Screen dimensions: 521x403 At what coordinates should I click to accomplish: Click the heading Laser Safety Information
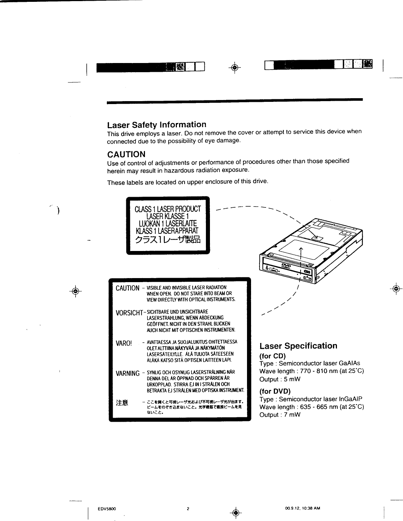click(x=156, y=125)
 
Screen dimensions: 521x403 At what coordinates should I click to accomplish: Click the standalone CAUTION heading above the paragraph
click(x=126, y=154)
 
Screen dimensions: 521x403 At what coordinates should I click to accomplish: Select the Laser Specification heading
click(x=298, y=346)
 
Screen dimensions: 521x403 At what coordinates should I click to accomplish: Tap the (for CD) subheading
click(x=272, y=356)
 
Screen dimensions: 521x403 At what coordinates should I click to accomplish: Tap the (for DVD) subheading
click(x=275, y=391)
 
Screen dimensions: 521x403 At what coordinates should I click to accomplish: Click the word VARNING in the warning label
click(x=127, y=374)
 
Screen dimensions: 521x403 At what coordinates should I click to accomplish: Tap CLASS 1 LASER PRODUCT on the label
click(x=168, y=209)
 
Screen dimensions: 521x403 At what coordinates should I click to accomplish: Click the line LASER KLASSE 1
click(x=167, y=216)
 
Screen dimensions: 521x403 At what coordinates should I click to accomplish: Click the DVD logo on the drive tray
click(x=285, y=266)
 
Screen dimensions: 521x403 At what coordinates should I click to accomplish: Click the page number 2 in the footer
click(x=188, y=509)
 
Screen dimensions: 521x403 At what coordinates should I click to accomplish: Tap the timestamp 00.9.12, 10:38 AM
click(x=302, y=508)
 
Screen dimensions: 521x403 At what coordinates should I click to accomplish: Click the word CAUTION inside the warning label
click(x=127, y=288)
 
